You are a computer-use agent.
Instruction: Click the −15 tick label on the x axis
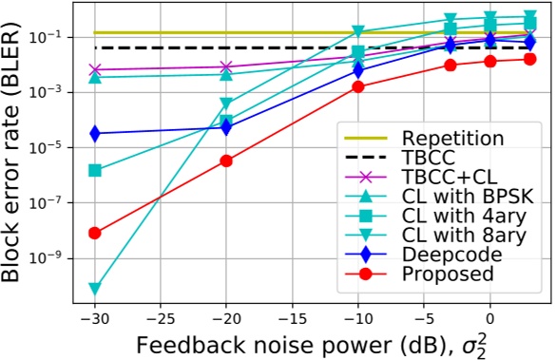click(x=293, y=315)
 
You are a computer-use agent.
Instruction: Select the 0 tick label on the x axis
click(x=490, y=315)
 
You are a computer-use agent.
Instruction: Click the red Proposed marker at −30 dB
click(x=94, y=233)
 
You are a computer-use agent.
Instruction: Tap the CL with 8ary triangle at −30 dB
click(x=94, y=288)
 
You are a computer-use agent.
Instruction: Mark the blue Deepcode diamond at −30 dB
click(x=94, y=133)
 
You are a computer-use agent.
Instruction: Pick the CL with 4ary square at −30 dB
click(x=94, y=170)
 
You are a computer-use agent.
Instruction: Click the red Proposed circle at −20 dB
click(x=226, y=161)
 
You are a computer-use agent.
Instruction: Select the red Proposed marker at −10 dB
click(x=358, y=86)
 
